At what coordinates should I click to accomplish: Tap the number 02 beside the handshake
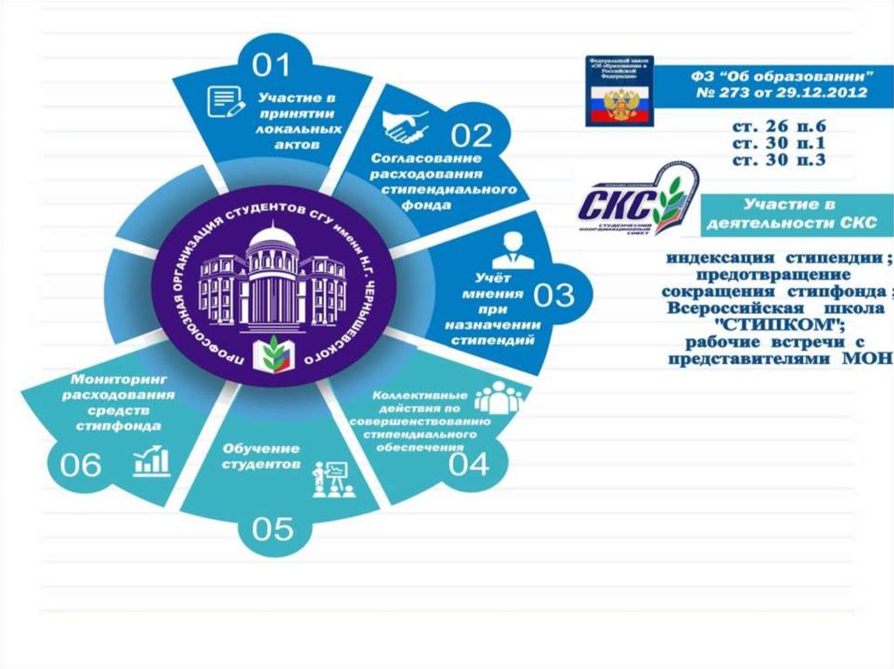click(x=472, y=136)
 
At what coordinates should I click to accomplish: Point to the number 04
click(x=469, y=464)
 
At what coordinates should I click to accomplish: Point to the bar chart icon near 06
click(x=152, y=461)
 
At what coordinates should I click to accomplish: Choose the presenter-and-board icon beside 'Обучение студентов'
click(x=330, y=479)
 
